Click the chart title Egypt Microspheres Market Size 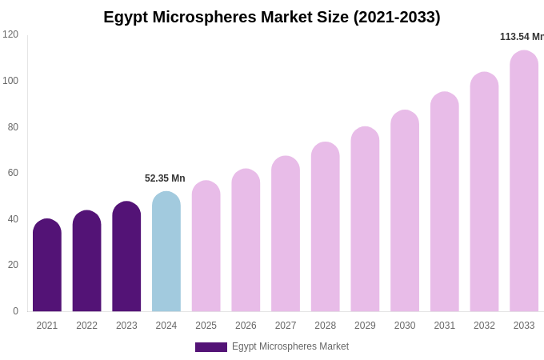(272, 17)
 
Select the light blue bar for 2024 (166, 252)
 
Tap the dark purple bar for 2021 (47, 266)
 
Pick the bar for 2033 (524, 182)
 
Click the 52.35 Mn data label (165, 178)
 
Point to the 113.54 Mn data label (522, 37)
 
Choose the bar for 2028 (326, 227)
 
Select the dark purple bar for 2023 (126, 257)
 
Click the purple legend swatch (211, 347)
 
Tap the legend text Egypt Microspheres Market (290, 346)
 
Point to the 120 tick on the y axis (10, 34)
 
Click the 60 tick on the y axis (13, 173)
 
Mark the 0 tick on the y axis (15, 311)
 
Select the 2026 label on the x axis (246, 326)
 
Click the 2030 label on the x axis (405, 326)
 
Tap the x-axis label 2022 (87, 326)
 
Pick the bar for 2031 (445, 202)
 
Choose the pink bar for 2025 (206, 246)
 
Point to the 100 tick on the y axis (10, 81)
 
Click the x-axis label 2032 (484, 326)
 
